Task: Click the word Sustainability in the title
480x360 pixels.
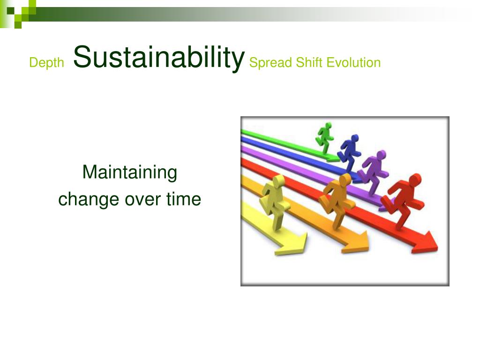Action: click(x=159, y=58)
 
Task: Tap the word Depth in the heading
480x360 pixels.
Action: click(x=46, y=63)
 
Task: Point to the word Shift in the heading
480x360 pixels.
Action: click(x=309, y=62)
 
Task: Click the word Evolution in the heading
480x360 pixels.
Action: click(x=353, y=62)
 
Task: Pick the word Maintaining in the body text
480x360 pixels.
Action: click(x=130, y=172)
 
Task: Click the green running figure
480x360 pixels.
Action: click(x=325, y=138)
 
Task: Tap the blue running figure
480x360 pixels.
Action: click(x=349, y=152)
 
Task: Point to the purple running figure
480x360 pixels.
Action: click(x=373, y=172)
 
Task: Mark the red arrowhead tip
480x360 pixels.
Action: click(x=438, y=247)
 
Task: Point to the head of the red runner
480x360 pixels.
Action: click(x=415, y=180)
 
